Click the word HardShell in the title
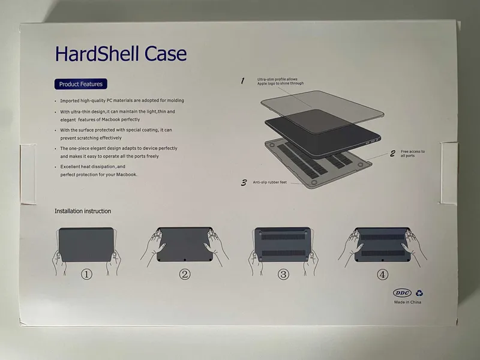97,53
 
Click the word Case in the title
166,53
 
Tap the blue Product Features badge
81,84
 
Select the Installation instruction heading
83,211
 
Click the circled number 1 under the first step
86,274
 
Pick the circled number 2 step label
185,274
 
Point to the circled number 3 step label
283,274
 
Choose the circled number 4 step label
382,274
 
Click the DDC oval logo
402,293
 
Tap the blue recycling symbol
419,293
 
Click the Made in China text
407,302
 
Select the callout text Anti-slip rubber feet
269,182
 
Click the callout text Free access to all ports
413,154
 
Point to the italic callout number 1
242,81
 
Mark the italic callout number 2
392,154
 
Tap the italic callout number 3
244,183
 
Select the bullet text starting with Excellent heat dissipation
98,170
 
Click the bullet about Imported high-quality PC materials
122,100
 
